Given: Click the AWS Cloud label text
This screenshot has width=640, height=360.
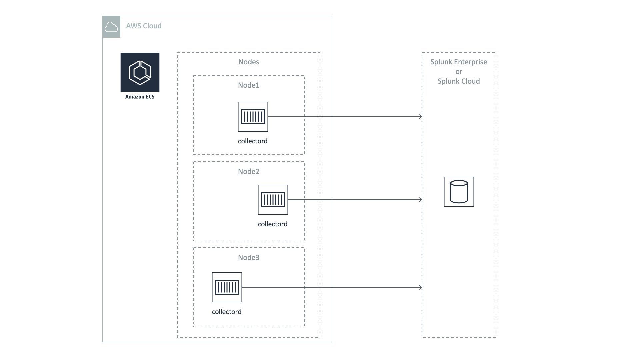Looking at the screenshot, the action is (144, 26).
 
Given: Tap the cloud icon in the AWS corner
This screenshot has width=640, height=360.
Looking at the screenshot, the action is (111, 27).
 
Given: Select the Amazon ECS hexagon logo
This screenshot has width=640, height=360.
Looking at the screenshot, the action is (140, 72).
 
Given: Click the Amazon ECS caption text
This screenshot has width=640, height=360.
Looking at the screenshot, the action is (140, 97).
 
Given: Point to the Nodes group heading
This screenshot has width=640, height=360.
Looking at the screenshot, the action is (249, 62).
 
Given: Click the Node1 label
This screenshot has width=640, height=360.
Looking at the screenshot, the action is (249, 85).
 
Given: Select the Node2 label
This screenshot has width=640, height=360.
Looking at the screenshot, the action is (249, 172).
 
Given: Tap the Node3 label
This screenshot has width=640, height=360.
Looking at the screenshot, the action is (249, 258).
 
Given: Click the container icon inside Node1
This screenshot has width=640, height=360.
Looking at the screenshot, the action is (253, 117).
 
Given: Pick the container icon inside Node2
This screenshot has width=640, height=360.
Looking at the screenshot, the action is (273, 200).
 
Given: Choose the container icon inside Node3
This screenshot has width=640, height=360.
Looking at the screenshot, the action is (227, 287).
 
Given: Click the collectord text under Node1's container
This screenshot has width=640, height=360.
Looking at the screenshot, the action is (253, 141).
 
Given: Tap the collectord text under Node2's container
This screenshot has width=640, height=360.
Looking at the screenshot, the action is (273, 224).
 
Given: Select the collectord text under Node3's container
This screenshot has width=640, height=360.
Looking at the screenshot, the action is (227, 312).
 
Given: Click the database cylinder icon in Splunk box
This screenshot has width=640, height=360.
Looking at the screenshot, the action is (459, 192).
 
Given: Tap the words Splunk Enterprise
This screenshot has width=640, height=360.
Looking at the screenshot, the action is (459, 62).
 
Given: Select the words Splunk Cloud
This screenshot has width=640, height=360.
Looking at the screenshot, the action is (459, 81).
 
